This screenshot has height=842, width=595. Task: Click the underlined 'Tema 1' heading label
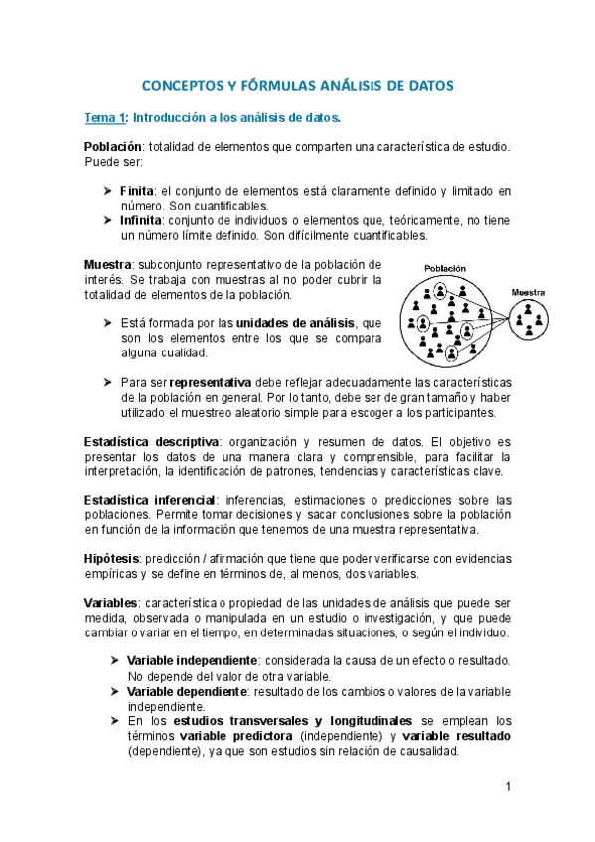pos(105,119)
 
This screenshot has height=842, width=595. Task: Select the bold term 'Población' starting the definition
pos(114,147)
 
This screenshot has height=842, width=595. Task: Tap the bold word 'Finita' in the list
pos(137,191)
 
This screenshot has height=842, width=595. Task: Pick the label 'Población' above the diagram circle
pos(445,269)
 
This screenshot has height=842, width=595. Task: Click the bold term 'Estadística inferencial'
pos(149,499)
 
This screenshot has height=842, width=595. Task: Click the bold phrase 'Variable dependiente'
pos(188,691)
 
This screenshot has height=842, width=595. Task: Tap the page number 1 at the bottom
pos(507,787)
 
